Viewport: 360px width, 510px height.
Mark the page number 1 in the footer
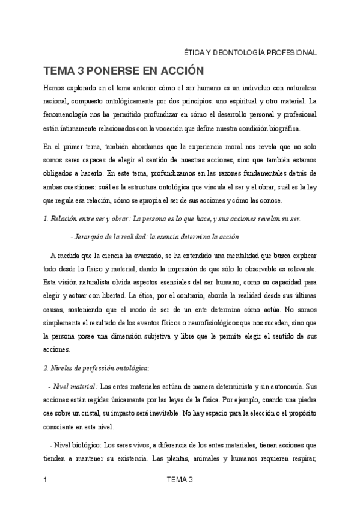(46, 479)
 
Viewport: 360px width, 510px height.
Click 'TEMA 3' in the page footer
(180, 479)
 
